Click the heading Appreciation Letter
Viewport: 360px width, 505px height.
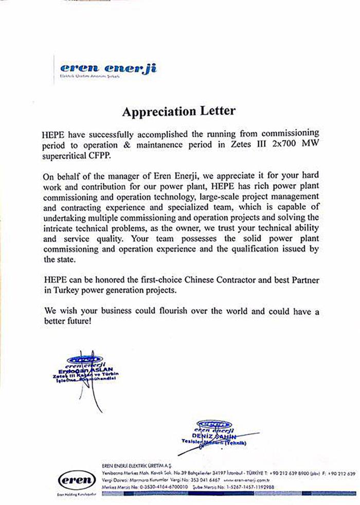coord(178,111)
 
